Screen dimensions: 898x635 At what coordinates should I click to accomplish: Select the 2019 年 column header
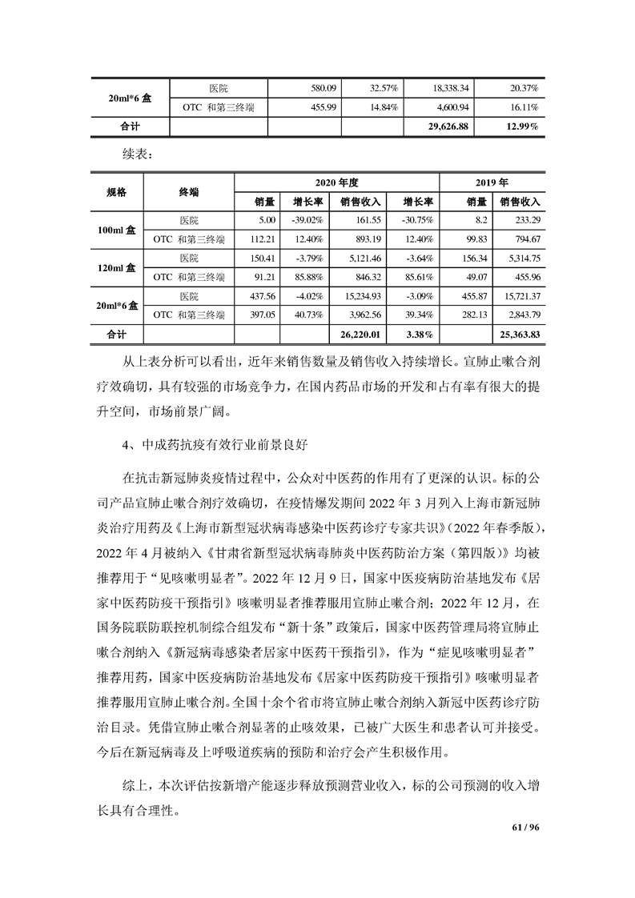click(492, 182)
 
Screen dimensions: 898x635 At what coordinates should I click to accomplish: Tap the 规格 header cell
click(116, 192)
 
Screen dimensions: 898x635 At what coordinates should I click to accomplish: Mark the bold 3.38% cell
click(418, 332)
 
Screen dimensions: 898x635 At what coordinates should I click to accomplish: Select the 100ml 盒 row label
click(116, 230)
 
